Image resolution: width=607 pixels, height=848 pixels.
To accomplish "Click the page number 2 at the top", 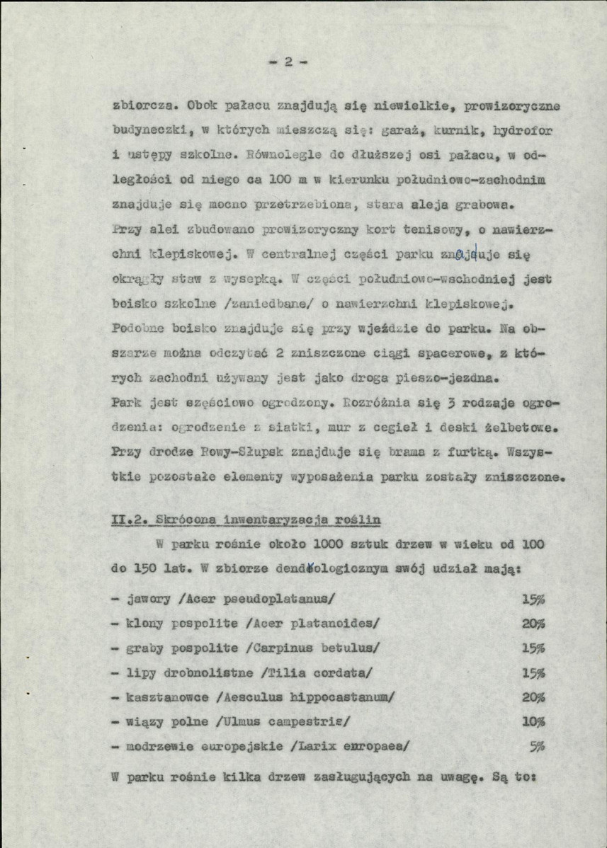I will (x=290, y=61).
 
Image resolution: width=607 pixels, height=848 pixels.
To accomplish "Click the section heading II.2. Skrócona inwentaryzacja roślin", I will (x=246, y=520).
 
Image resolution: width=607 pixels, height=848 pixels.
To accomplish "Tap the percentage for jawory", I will (x=532, y=599).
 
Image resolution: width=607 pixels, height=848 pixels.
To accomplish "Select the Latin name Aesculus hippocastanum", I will (x=309, y=697).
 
